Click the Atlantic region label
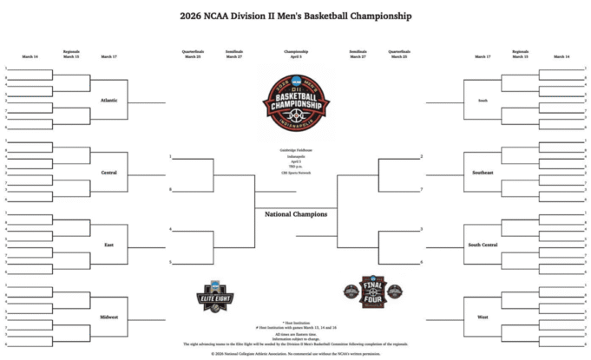pos(109,100)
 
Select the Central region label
pos(109,173)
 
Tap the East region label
pos(109,245)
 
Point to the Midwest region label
pos(109,317)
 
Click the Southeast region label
pos(483,173)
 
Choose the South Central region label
pos(483,245)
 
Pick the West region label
pos(483,317)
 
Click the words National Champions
pos(296,213)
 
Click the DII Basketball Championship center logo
pos(296,105)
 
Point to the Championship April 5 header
pos(296,54)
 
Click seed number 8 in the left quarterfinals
pos(170,189)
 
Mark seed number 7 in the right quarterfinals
pos(421,189)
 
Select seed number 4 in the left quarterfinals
pos(170,229)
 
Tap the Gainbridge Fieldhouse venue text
pos(296,150)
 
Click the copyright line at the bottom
pos(296,353)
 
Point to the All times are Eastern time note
pos(296,333)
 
